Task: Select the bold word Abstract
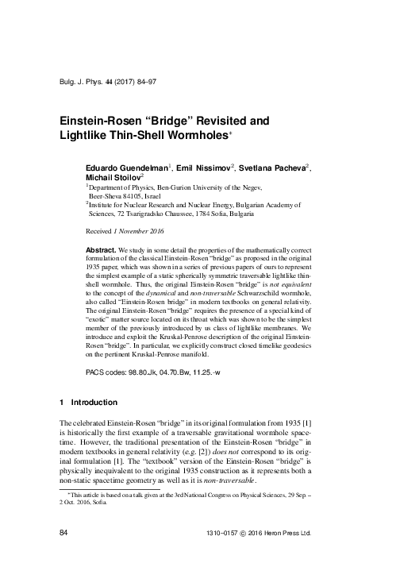pos(101,249)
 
